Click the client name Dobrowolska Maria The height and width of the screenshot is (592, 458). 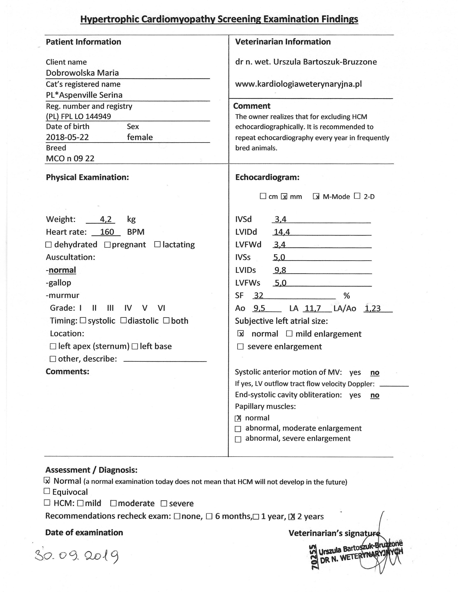pos(82,73)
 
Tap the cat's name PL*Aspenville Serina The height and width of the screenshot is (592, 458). pos(84,95)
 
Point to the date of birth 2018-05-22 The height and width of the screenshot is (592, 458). pos(67,137)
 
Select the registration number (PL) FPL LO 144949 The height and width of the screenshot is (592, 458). pos(78,117)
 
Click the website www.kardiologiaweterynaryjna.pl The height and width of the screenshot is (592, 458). pos(299,84)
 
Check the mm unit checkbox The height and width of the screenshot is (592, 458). pos(284,196)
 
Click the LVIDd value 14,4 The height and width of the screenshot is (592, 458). pos(282,232)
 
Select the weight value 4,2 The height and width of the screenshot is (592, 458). pos(106,219)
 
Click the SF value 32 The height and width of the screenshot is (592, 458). pos(259,295)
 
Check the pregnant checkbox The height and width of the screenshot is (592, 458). pos(107,245)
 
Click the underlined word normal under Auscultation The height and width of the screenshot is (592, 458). pos(62,270)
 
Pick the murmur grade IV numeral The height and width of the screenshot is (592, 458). pos(128,308)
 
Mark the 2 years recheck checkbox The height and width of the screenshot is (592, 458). pos(292,517)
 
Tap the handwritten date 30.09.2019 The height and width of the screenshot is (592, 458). pos(77,556)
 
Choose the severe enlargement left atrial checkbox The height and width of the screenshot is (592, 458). pos(240,347)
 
